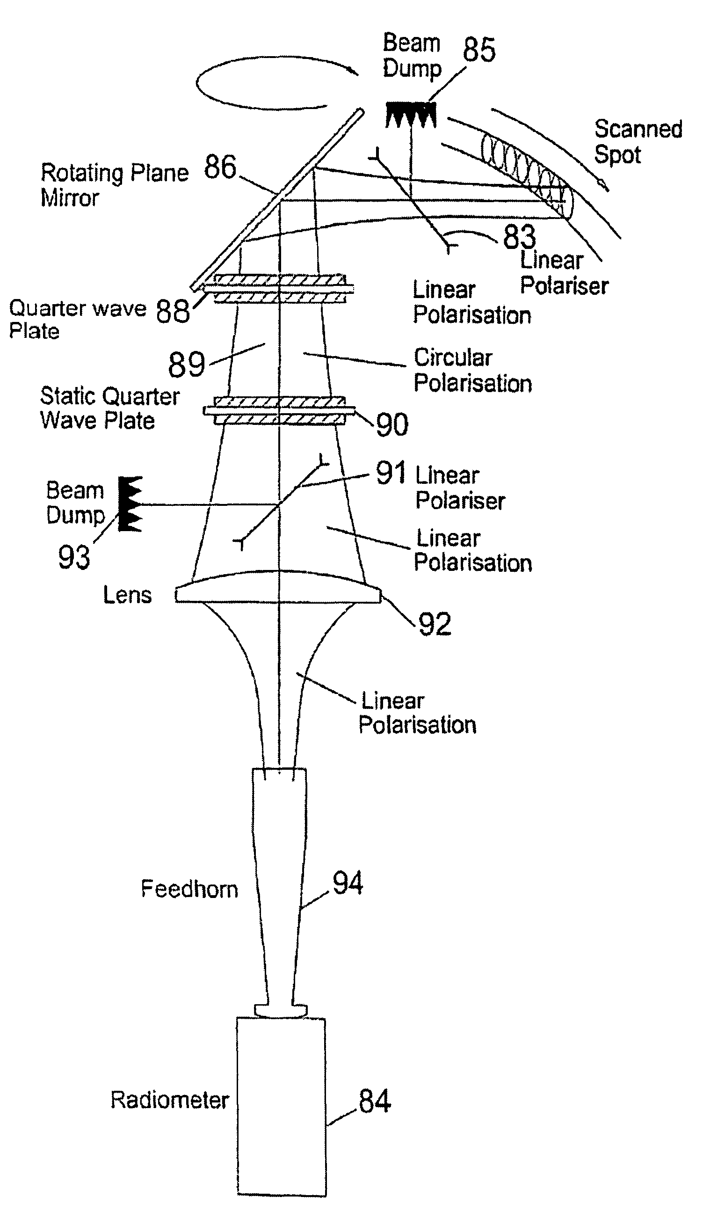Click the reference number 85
(x=479, y=50)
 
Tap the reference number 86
(x=220, y=167)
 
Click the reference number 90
(x=391, y=425)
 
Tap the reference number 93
(x=74, y=557)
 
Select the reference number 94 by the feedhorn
(x=348, y=883)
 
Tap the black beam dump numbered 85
(x=411, y=115)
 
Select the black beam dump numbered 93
(x=130, y=504)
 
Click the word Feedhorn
(x=189, y=889)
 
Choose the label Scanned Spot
(x=638, y=141)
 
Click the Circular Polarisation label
(x=473, y=371)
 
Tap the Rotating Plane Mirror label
(x=114, y=185)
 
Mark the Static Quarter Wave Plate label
(x=109, y=408)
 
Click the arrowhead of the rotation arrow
(x=355, y=73)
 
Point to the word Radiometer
(x=169, y=1100)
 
